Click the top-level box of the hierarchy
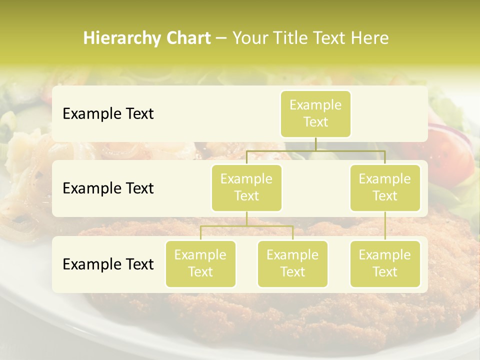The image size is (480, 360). [315, 113]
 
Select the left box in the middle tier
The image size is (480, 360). [246, 187]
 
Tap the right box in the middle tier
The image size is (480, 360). [385, 187]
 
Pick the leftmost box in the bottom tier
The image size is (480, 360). [200, 263]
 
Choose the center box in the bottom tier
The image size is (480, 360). [292, 263]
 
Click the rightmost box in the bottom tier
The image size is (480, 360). [385, 263]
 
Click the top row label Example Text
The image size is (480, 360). [108, 114]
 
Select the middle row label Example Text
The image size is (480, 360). [108, 188]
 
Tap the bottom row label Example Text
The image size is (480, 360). [108, 264]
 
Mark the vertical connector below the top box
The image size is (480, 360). [315, 144]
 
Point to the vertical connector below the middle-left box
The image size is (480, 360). [246, 218]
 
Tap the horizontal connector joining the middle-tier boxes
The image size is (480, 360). [315, 150]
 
